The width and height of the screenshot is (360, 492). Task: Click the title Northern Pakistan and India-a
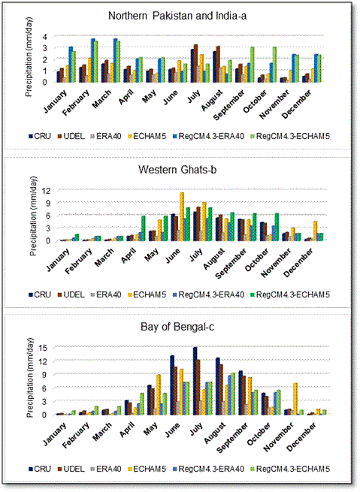(x=177, y=16)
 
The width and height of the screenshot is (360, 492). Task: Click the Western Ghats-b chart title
(x=177, y=170)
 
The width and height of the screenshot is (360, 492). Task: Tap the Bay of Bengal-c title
(x=177, y=327)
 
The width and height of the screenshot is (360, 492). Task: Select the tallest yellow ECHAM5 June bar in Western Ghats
(x=182, y=216)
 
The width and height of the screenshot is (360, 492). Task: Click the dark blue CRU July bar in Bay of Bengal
(x=195, y=381)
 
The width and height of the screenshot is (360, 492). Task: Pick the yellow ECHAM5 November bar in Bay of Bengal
(x=295, y=399)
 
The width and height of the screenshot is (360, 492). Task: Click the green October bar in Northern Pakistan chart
(x=274, y=65)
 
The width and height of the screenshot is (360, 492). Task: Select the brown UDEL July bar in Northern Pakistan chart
(x=195, y=63)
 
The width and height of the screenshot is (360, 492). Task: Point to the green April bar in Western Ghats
(x=144, y=228)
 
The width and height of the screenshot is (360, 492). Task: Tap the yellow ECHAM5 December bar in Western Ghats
(x=315, y=231)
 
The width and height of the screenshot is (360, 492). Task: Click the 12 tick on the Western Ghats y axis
(x=47, y=191)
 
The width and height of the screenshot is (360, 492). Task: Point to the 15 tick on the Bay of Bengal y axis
(x=43, y=348)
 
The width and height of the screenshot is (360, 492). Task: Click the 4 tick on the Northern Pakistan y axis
(x=45, y=37)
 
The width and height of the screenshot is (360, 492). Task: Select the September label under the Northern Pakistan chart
(x=229, y=105)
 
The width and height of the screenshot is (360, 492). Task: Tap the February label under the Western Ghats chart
(x=79, y=261)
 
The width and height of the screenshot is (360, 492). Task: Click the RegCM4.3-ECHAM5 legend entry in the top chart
(x=289, y=137)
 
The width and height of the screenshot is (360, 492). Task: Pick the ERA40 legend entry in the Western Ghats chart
(x=106, y=295)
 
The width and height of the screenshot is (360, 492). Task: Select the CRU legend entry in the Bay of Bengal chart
(x=40, y=469)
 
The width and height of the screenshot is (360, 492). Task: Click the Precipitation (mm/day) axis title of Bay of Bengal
(x=30, y=378)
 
